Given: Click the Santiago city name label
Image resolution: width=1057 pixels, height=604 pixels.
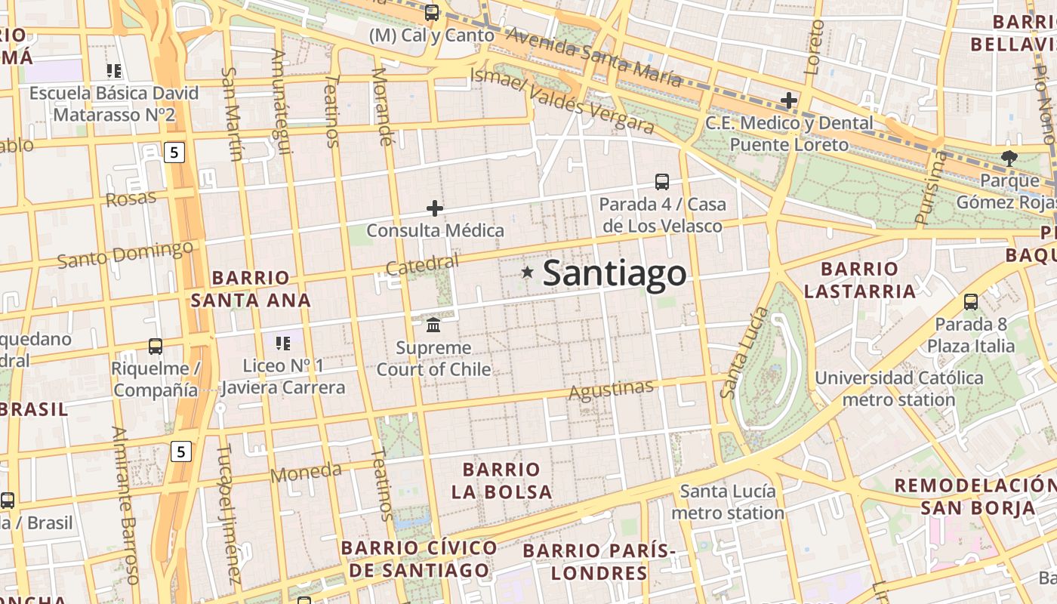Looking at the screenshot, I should [x=614, y=273].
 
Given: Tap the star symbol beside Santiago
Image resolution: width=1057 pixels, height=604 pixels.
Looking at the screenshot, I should [x=527, y=272].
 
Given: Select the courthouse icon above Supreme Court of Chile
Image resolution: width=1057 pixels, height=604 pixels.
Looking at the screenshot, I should [x=433, y=325].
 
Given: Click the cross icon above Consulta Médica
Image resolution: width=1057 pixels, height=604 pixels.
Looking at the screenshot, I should [x=435, y=208].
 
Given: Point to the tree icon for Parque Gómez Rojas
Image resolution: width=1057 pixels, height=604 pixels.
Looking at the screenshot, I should [x=1009, y=158].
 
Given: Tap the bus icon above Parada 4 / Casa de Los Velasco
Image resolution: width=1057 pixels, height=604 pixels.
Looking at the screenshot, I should [x=661, y=181].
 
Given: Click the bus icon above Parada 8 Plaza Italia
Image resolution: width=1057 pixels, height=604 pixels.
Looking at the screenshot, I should [x=971, y=302].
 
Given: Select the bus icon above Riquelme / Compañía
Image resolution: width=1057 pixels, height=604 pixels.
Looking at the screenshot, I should [x=156, y=346].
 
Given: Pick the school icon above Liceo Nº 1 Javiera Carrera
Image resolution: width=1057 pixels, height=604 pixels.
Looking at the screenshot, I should [x=283, y=344].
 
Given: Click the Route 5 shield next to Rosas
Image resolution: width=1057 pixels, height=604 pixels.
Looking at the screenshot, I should [x=174, y=153].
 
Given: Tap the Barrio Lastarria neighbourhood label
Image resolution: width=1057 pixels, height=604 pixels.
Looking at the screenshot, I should [x=859, y=280].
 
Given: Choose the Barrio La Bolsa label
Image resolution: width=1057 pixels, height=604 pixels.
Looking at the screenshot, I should [x=501, y=481].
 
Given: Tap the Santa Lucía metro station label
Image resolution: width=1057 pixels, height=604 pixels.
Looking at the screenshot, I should [x=728, y=502].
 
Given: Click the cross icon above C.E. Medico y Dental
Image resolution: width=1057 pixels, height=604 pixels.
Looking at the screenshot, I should [x=789, y=100].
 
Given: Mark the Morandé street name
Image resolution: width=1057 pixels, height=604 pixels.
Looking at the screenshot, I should [x=384, y=106].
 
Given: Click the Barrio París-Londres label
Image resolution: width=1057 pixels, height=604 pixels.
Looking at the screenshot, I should [x=599, y=562].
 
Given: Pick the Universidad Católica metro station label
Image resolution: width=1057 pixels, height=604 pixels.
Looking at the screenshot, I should [x=898, y=388].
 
